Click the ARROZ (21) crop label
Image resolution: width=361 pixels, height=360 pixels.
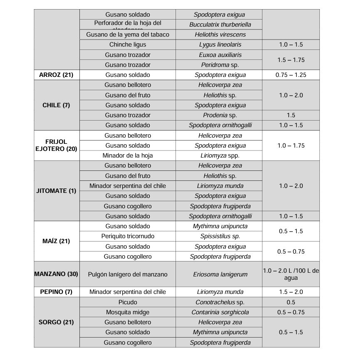pyautogui.click(x=56, y=75)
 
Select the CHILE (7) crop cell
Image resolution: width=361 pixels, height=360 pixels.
pyautogui.click(x=56, y=105)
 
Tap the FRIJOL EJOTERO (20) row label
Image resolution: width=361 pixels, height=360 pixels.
pyautogui.click(x=56, y=145)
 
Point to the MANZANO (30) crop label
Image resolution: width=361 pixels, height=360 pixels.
pyautogui.click(x=56, y=274)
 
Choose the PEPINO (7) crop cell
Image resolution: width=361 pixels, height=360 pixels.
pyautogui.click(x=56, y=292)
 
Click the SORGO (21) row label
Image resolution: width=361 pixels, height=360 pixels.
pyautogui.click(x=56, y=322)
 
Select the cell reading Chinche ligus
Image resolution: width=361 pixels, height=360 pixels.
pyautogui.click(x=128, y=44)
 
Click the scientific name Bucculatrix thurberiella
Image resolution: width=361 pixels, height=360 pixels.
pyautogui.click(x=220, y=25)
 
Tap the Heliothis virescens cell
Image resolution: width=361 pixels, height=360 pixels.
pyautogui.click(x=220, y=35)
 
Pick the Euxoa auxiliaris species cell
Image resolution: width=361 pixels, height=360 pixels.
pyautogui.click(x=220, y=55)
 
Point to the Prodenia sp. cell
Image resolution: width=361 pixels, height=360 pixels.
pyautogui.click(x=220, y=115)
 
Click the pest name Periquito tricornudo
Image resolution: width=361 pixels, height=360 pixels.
pyautogui.click(x=128, y=237)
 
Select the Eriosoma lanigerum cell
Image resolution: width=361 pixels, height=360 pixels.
pyautogui.click(x=220, y=274)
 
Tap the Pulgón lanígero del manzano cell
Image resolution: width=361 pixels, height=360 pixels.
pyautogui.click(x=128, y=274)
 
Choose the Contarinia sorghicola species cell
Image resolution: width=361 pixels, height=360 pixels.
pyautogui.click(x=220, y=312)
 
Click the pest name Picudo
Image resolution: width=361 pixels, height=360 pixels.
pyautogui.click(x=128, y=302)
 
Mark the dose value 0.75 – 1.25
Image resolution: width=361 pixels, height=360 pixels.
pyautogui.click(x=291, y=75)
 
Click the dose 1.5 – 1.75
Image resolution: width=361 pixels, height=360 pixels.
pyautogui.click(x=291, y=60)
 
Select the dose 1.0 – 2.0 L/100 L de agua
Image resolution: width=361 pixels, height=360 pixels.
pyautogui.click(x=291, y=274)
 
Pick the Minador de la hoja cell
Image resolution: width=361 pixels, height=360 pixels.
pyautogui.click(x=128, y=155)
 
